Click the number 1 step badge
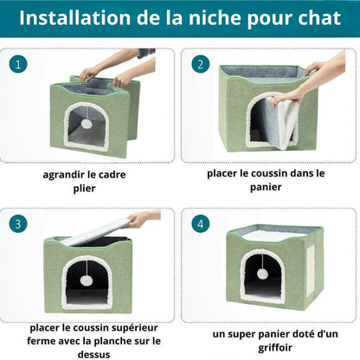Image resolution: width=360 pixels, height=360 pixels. (18, 64)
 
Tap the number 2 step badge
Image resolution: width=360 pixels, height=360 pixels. (201, 64)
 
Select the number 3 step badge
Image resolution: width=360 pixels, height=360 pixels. (18, 224)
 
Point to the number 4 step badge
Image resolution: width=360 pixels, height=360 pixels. (201, 224)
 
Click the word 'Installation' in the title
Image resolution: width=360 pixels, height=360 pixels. (75, 18)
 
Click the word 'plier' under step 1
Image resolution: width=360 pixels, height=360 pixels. (84, 189)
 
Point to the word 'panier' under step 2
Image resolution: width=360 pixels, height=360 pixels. (266, 187)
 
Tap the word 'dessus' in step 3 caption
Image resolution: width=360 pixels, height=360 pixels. (93, 355)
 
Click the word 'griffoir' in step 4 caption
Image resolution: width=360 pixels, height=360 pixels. (275, 348)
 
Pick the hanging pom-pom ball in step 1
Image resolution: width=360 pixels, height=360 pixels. (86, 124)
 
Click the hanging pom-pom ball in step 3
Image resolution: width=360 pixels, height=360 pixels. (86, 280)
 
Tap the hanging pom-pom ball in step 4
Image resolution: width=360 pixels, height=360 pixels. (262, 273)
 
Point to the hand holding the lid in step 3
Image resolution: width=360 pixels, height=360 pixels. (144, 219)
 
